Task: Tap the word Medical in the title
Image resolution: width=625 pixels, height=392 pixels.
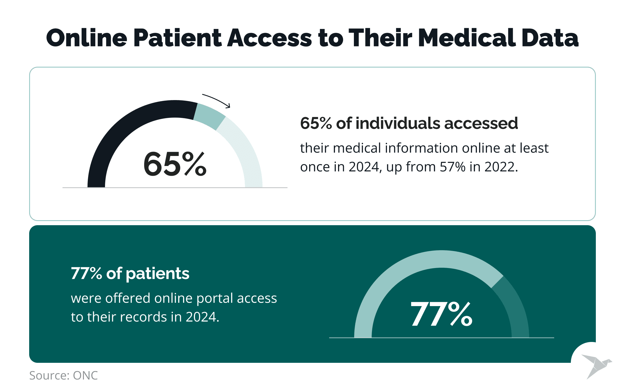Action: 467,38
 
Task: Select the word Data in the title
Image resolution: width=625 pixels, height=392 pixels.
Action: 550,38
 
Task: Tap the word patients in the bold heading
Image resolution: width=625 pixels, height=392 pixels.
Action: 157,274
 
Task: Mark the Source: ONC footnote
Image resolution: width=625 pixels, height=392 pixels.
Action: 64,375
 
